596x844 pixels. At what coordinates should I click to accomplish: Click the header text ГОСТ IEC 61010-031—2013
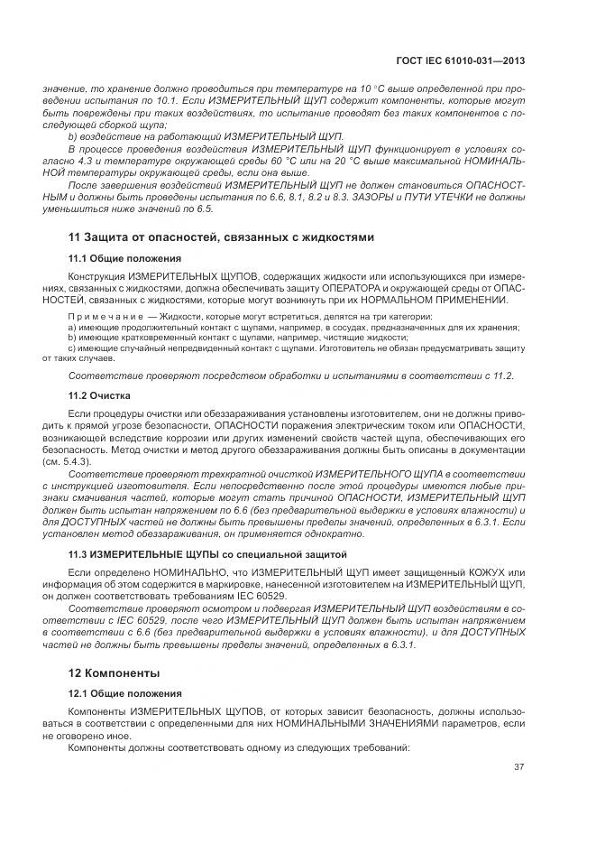pos(461,60)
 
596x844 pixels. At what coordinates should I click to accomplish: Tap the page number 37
pos(519,767)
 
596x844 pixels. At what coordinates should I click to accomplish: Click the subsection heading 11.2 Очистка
pos(100,395)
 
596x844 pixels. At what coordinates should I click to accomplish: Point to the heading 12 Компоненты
pos(115,672)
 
